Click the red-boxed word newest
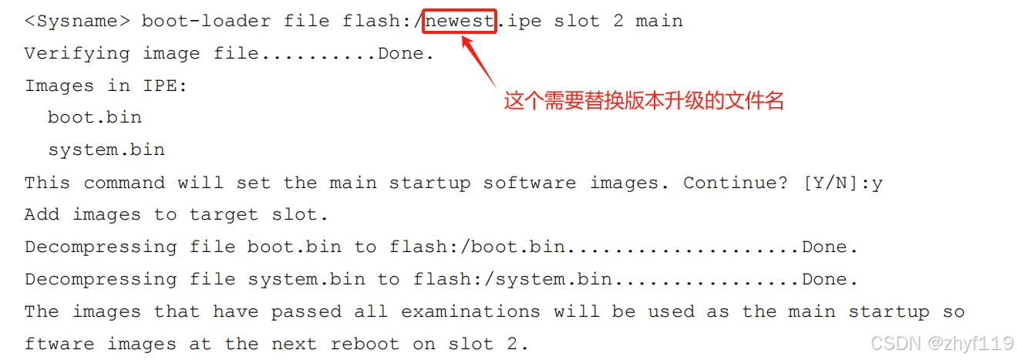coord(460,21)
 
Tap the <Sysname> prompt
coord(77,21)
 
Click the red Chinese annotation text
coord(644,101)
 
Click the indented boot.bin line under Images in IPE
coord(95,117)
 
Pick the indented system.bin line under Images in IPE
coord(106,150)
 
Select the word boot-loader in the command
coord(206,21)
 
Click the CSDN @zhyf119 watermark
coord(941,342)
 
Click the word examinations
coord(470,311)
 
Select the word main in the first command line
coord(659,21)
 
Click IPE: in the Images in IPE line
coord(165,86)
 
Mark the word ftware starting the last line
coord(59,344)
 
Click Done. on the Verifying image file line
coord(406,53)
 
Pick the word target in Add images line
coord(224,214)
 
